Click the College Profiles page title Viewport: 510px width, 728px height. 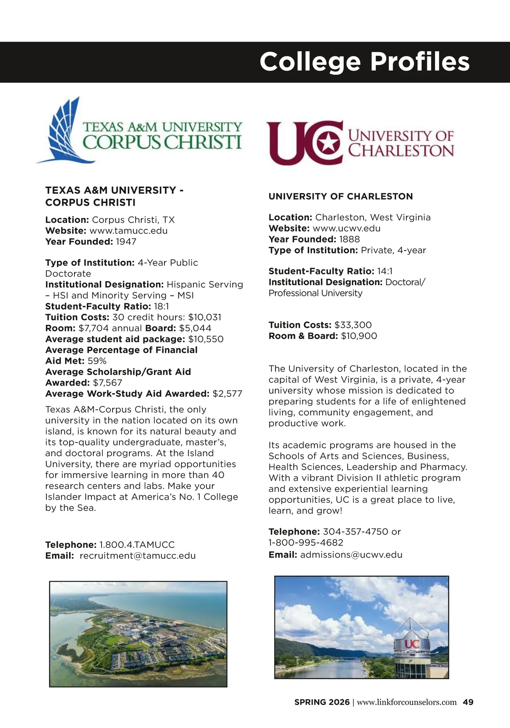pos(364,62)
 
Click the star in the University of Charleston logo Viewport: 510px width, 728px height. pos(328,143)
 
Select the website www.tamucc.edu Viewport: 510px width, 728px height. pos(128,231)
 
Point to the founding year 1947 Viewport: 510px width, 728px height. pos(126,242)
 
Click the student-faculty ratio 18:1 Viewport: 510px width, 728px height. pos(161,306)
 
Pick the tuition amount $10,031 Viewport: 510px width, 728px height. pos(204,317)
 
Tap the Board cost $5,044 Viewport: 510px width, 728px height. pos(195,328)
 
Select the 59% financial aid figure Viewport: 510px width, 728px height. pos(97,361)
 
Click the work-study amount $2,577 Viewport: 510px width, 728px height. pos(227,394)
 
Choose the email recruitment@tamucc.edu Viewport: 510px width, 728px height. pos(138,556)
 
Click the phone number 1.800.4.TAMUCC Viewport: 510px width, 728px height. pos(137,545)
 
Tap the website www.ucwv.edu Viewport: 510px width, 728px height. pos(346,228)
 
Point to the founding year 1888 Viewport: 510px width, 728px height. pos(349,239)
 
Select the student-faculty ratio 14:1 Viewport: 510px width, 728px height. pos(385,271)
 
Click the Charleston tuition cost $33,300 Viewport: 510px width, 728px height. pos(353,325)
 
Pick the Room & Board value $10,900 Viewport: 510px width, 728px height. pos(359,336)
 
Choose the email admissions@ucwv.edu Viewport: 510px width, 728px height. pos(351,555)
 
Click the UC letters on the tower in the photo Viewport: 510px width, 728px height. pos(411,644)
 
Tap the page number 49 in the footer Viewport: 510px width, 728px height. pos(468,702)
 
